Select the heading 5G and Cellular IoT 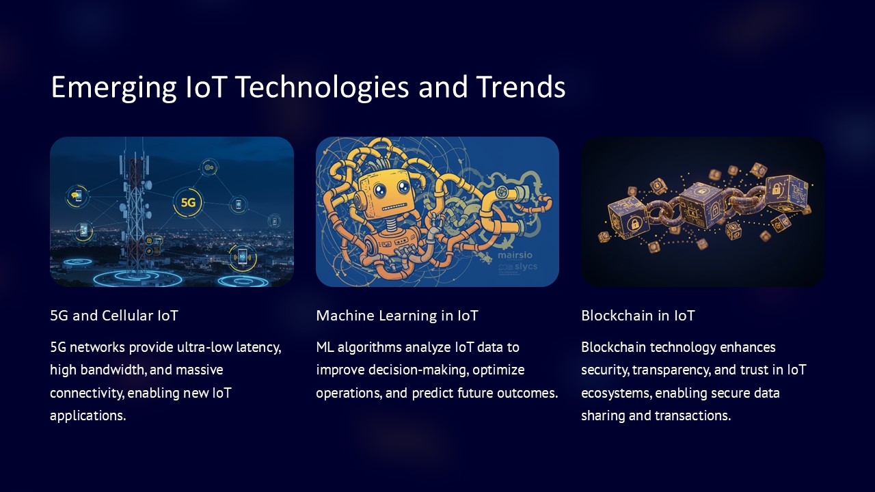[x=114, y=316]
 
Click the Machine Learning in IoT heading [x=397, y=316]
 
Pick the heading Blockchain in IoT [x=638, y=316]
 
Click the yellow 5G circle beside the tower [x=188, y=202]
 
